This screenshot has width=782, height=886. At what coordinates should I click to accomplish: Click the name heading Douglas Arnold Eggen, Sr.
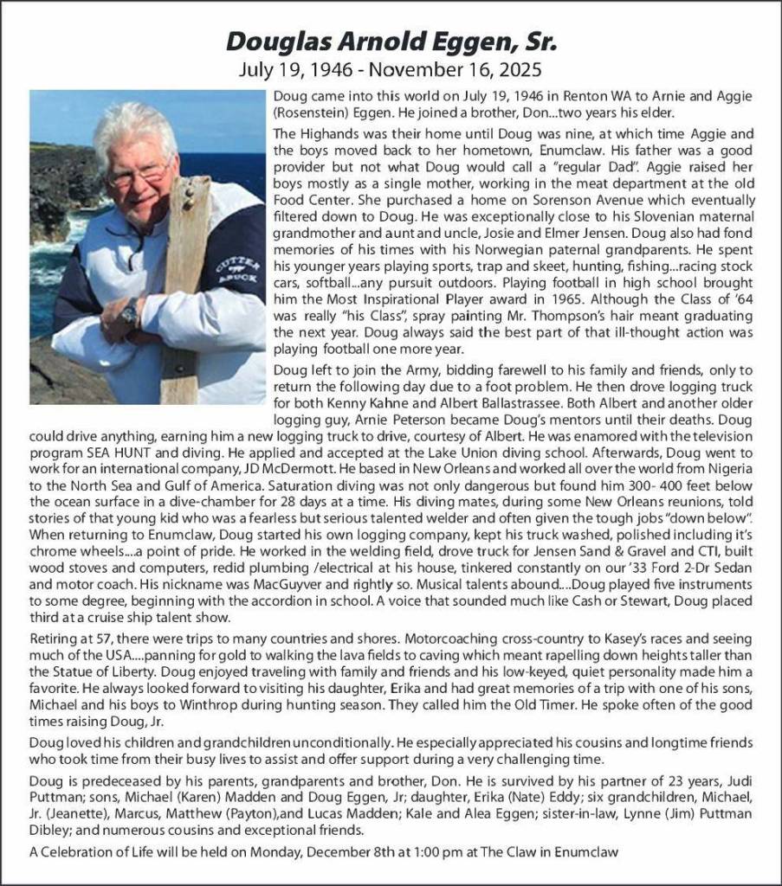tap(391, 42)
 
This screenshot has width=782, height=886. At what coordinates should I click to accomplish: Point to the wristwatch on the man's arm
tap(130, 311)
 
